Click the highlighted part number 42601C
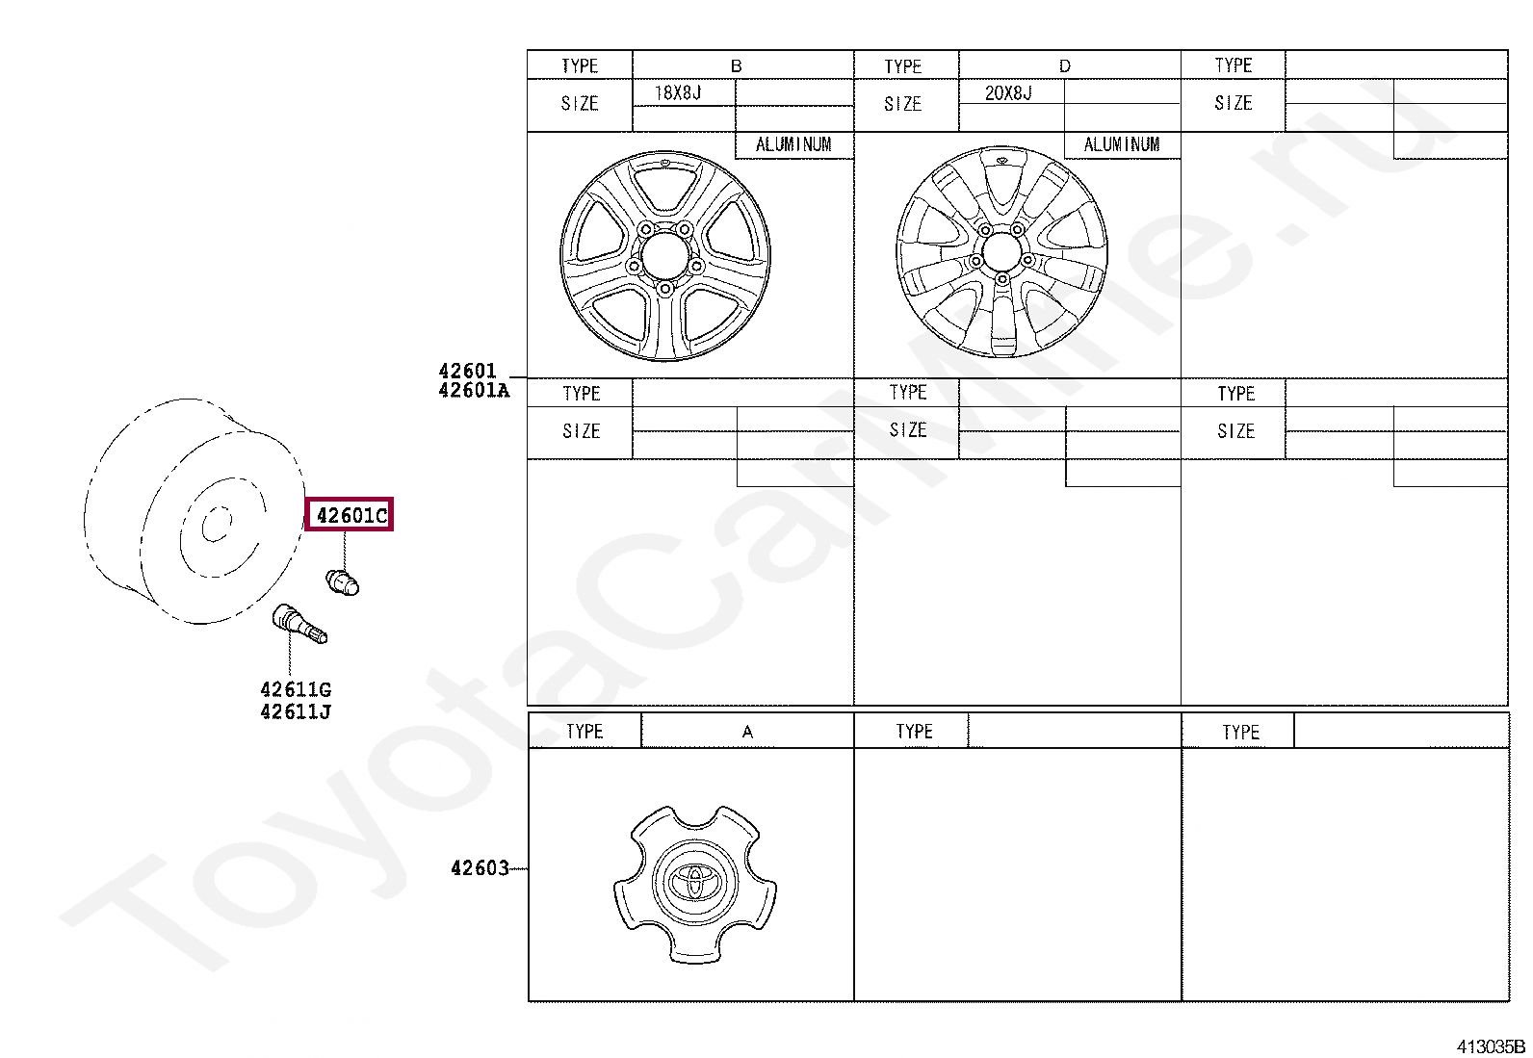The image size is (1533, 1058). click(x=351, y=515)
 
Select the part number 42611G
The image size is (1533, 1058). click(x=296, y=689)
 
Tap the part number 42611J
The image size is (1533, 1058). click(x=296, y=712)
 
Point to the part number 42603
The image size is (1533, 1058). click(x=480, y=868)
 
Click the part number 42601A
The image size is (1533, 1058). click(x=473, y=391)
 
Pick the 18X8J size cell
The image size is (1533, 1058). click(x=679, y=93)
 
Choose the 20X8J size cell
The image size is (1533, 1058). click(x=1008, y=93)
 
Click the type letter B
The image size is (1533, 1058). click(x=737, y=66)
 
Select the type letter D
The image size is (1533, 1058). click(x=1064, y=66)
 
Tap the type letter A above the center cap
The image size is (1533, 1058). click(x=747, y=733)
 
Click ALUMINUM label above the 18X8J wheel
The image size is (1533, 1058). click(x=793, y=144)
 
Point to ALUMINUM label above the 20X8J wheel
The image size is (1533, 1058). click(x=1122, y=144)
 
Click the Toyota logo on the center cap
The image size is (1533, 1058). click(x=695, y=880)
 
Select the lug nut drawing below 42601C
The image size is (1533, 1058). click(x=342, y=581)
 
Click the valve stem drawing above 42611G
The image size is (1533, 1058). click(x=299, y=623)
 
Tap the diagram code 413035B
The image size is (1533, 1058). click(x=1490, y=1046)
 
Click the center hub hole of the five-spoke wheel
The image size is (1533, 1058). click(x=664, y=257)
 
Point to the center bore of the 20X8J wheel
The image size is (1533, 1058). click(x=1001, y=253)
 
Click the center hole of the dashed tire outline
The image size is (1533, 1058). click(x=216, y=525)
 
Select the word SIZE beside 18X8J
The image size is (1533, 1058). click(x=580, y=104)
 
